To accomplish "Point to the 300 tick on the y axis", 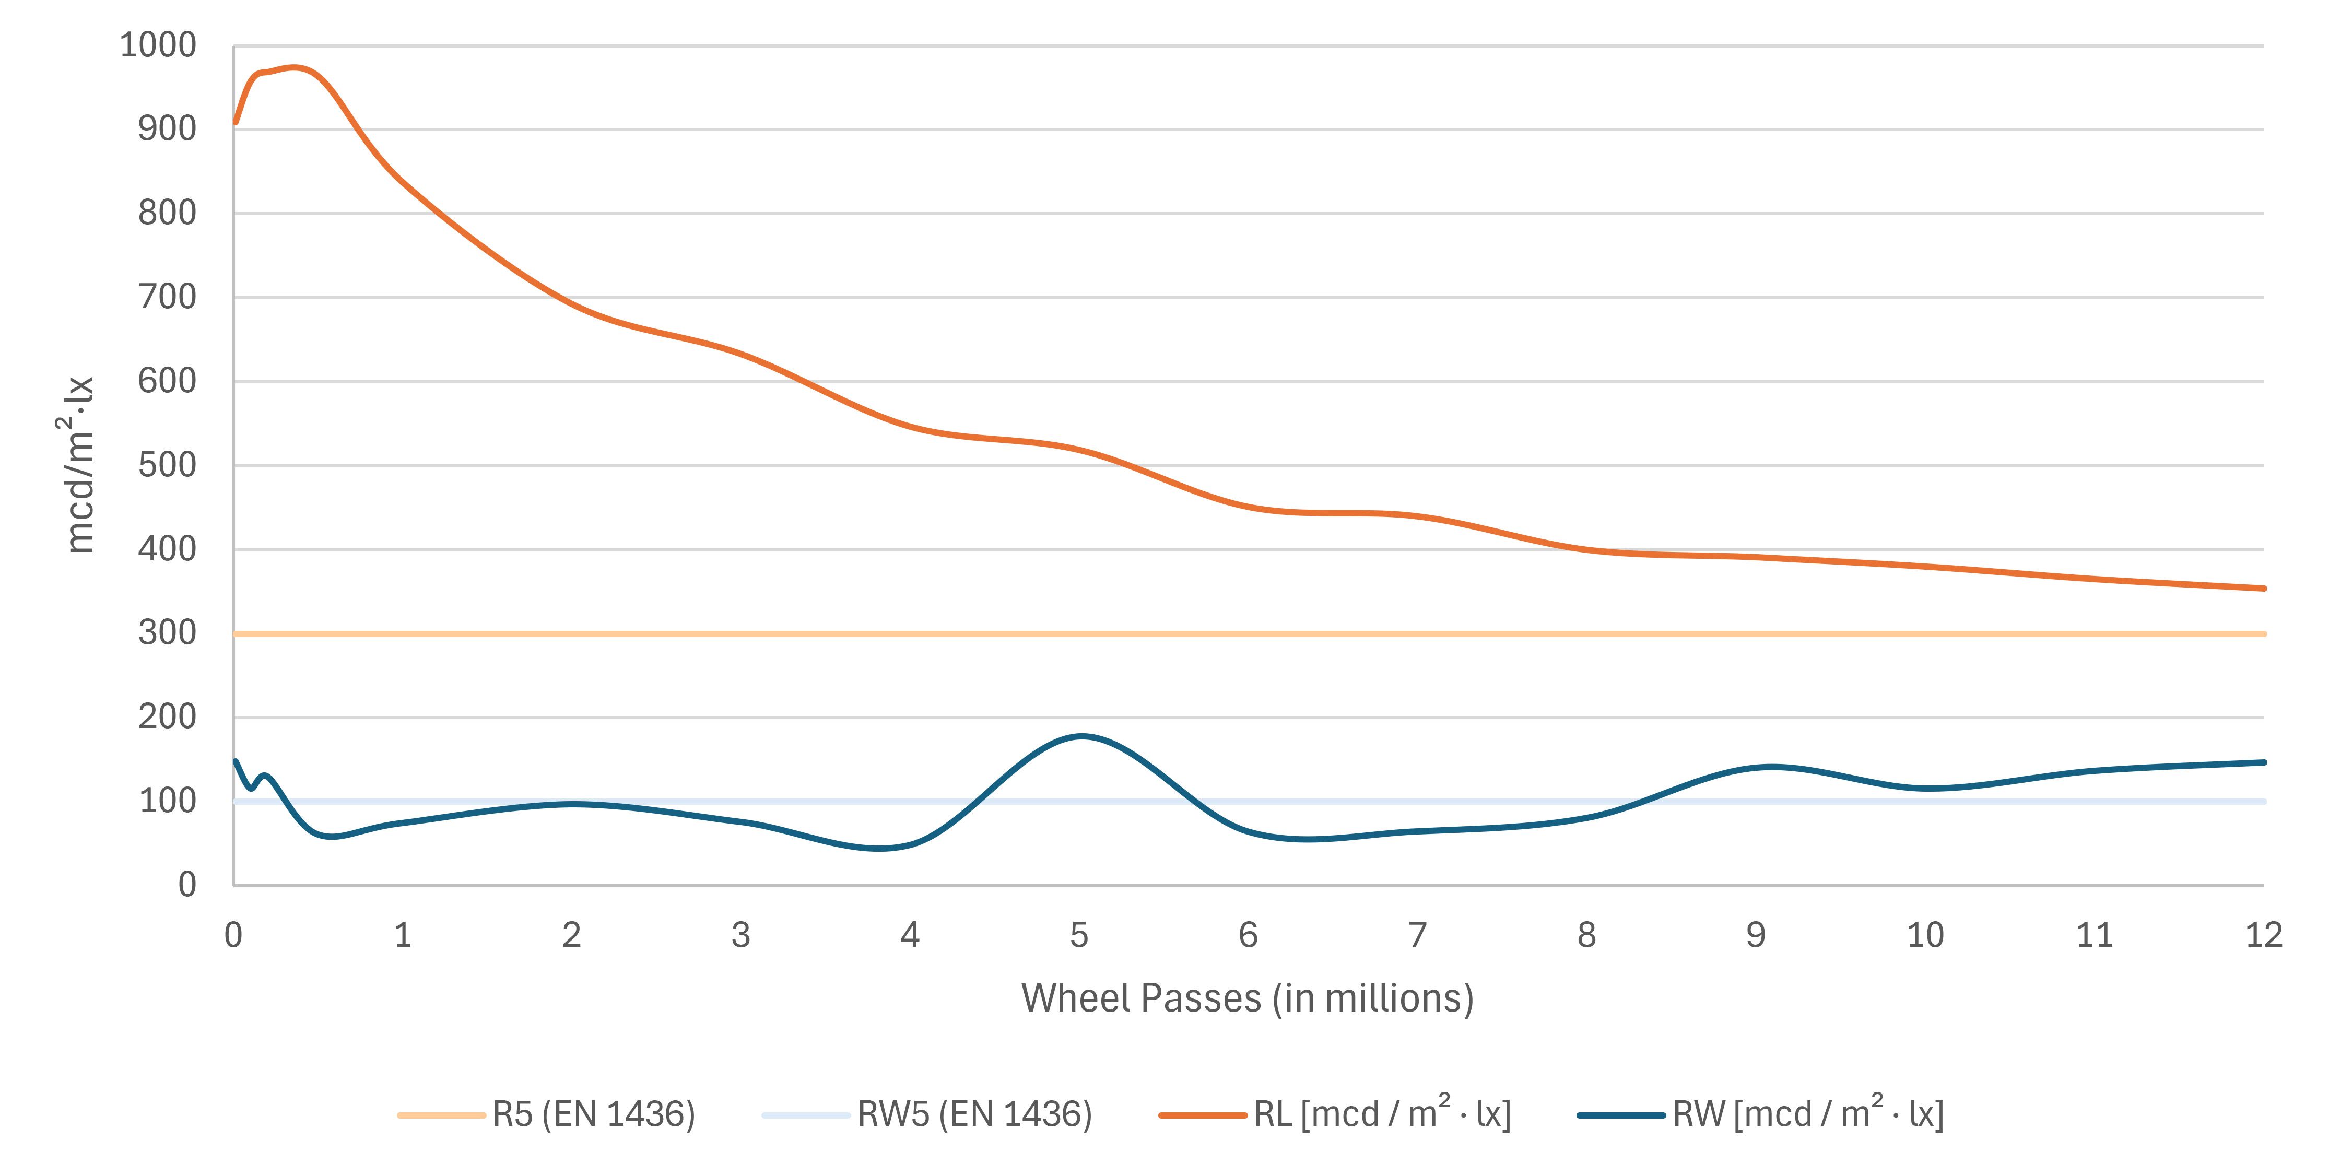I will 167,633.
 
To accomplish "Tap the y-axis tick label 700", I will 167,297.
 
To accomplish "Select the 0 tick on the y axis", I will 186,884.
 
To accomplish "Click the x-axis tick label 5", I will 1079,935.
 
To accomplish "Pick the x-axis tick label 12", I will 2263,935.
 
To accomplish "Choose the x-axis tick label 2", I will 571,935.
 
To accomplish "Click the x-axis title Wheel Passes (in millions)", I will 1248,998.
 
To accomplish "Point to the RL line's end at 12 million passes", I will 2263,589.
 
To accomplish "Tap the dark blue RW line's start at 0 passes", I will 235,761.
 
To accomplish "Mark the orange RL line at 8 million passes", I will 1587,549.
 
